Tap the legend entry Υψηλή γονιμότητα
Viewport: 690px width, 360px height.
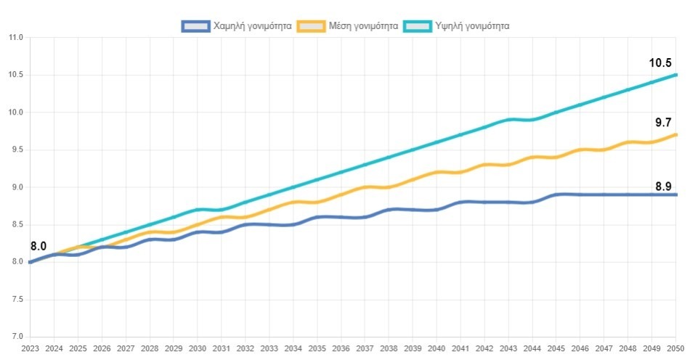tap(474, 26)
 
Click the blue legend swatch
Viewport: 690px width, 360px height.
tap(195, 26)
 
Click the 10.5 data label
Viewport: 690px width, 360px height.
tap(660, 63)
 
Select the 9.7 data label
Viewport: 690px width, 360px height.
tap(663, 122)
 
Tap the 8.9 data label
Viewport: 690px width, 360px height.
tap(663, 187)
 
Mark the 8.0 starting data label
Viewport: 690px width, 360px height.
tap(38, 247)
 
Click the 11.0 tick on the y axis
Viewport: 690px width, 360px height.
tap(17, 38)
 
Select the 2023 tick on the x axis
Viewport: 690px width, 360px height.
tap(30, 349)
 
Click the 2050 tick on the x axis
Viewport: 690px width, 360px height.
tap(676, 349)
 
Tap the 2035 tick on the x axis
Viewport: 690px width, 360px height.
tap(317, 349)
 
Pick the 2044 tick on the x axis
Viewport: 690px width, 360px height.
tap(532, 349)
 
